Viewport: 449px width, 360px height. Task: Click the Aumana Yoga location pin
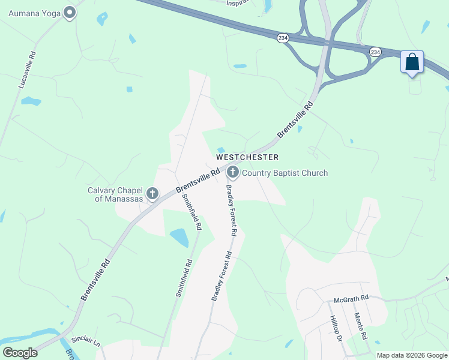70,12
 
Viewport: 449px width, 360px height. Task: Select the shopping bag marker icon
412,62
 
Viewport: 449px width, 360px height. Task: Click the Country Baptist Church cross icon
233,173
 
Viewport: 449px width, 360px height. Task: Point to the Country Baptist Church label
285,173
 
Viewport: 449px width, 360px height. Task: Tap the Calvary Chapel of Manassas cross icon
152,193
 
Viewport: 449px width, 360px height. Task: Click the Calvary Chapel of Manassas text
115,194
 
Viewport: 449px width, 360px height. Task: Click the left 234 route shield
283,38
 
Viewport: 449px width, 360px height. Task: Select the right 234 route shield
375,52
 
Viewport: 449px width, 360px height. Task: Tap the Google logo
20,353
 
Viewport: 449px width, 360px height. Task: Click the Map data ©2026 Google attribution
412,355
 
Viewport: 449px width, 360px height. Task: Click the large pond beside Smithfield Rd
179,238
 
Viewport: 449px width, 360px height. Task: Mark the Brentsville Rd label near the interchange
295,121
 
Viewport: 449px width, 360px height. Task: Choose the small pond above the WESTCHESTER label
221,150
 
